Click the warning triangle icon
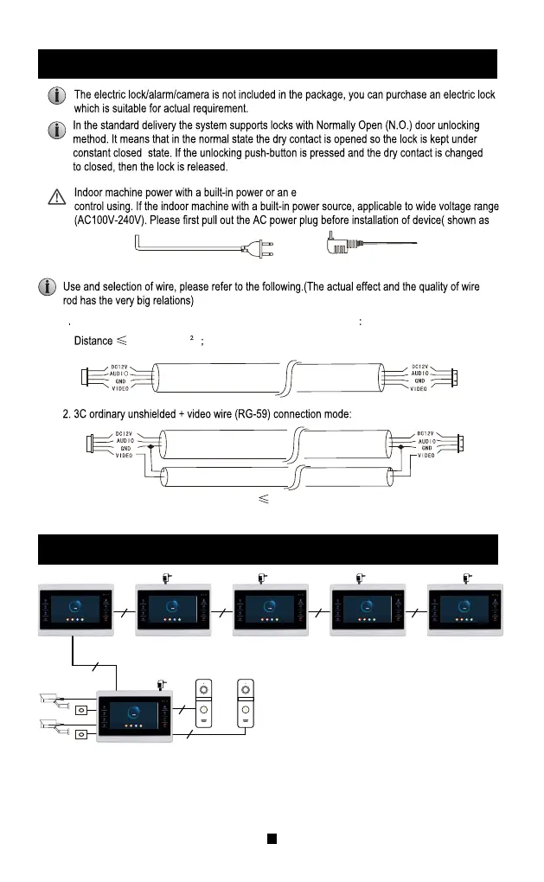55,197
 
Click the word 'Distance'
93,341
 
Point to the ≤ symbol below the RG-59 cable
263,499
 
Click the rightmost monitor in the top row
465,612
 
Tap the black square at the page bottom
271,838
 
